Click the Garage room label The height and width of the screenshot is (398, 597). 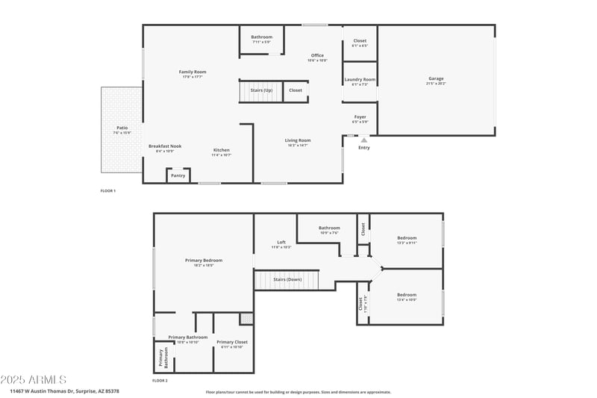point(436,79)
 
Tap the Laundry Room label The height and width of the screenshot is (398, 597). point(360,79)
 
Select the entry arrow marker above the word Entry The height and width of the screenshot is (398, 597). point(364,140)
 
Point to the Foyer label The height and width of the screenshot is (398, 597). point(360,116)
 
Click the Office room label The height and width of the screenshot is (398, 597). point(317,56)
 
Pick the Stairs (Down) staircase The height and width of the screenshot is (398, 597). point(287,279)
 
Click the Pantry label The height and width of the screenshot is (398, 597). point(178,175)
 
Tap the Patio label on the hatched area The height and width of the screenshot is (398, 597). point(122,128)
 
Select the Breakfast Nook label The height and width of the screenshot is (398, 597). point(165,146)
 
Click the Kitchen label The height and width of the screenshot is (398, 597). point(222,150)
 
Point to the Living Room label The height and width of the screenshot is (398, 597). point(297,140)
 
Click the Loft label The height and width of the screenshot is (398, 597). point(281,242)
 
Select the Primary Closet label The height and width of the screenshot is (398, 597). point(232,342)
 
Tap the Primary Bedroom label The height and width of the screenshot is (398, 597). point(204,260)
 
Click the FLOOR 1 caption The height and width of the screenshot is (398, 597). point(108,191)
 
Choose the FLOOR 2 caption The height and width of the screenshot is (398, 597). point(160,381)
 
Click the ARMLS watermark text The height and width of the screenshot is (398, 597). point(34,379)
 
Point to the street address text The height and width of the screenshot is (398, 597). point(64,391)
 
